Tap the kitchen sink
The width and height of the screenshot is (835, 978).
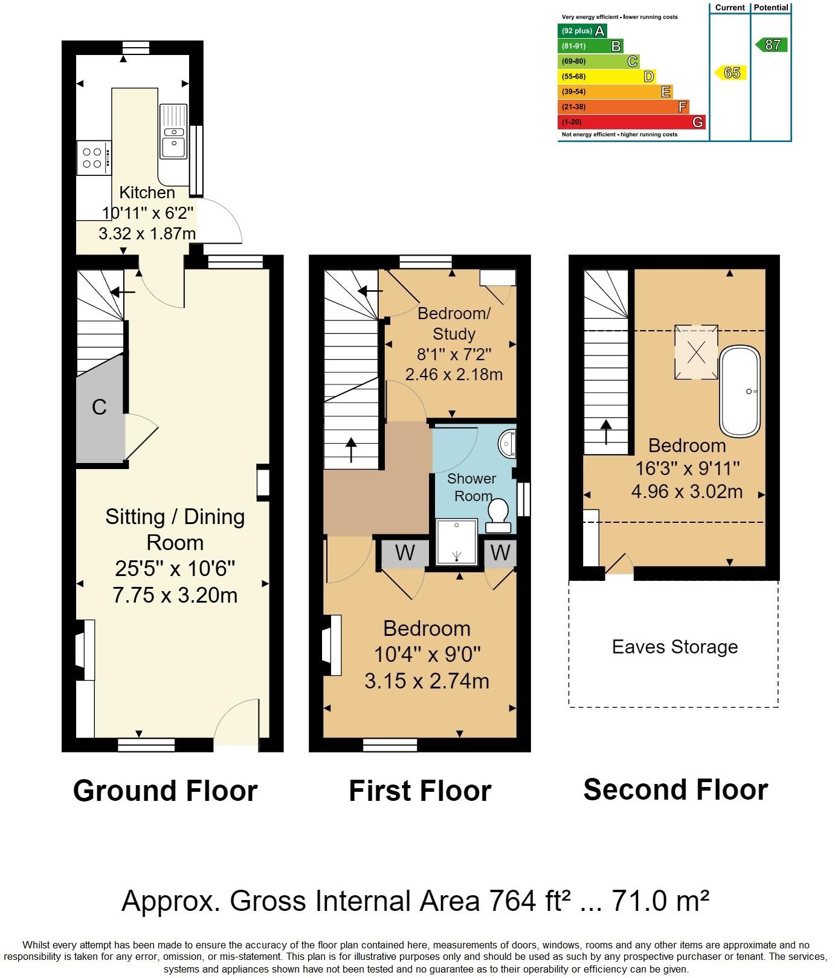(x=173, y=137)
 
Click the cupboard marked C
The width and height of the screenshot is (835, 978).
(x=100, y=407)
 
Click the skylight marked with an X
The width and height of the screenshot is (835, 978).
(x=697, y=352)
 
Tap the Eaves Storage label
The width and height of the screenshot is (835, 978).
(x=674, y=647)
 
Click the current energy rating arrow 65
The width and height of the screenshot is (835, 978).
(x=731, y=73)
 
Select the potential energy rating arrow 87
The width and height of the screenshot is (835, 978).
(x=772, y=44)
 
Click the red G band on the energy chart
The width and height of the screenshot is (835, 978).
(x=630, y=121)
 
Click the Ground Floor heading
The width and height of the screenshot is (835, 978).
(x=165, y=791)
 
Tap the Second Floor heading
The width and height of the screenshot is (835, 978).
(x=675, y=789)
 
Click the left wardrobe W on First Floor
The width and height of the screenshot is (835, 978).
(x=404, y=552)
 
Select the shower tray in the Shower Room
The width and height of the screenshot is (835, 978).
(x=457, y=541)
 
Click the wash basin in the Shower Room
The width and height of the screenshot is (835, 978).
(x=507, y=443)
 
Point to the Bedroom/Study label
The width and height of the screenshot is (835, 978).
(x=454, y=323)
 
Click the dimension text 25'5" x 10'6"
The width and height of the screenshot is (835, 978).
(x=175, y=568)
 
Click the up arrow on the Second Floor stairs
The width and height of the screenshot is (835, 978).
(x=605, y=432)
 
